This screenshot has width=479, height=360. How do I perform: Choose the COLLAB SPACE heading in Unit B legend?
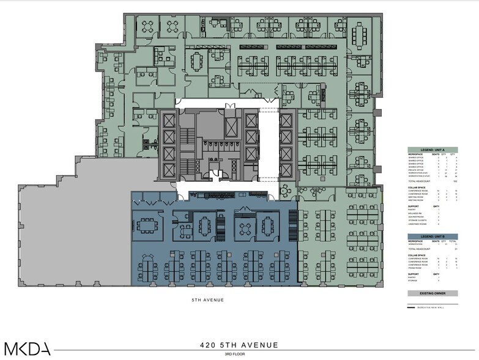(x=418, y=254)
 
